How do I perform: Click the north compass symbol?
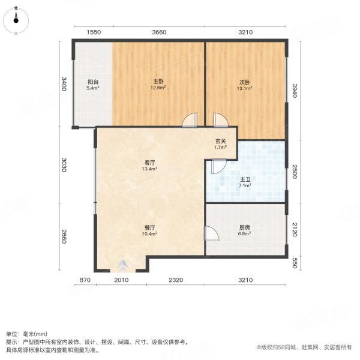point(16,20)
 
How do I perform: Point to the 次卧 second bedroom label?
point(244,85)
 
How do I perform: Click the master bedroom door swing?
point(190,121)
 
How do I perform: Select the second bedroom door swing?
point(220,121)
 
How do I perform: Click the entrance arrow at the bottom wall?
point(123,266)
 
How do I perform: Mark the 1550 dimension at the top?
point(92,32)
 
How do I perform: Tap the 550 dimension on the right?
point(294,262)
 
